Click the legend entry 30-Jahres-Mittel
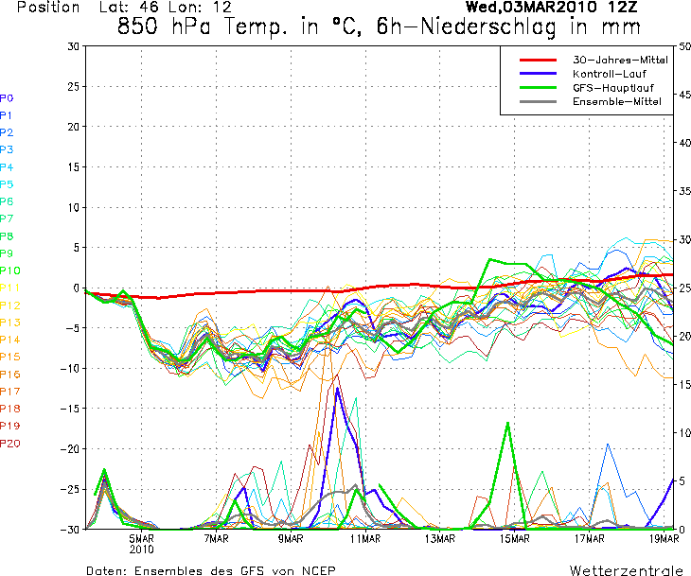(x=620, y=60)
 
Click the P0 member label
(x=7, y=97)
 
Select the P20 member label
(x=10, y=444)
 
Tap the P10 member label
(x=10, y=271)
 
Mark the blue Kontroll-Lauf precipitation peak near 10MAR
(x=338, y=389)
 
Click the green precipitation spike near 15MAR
(x=508, y=423)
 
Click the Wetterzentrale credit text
(x=626, y=570)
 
